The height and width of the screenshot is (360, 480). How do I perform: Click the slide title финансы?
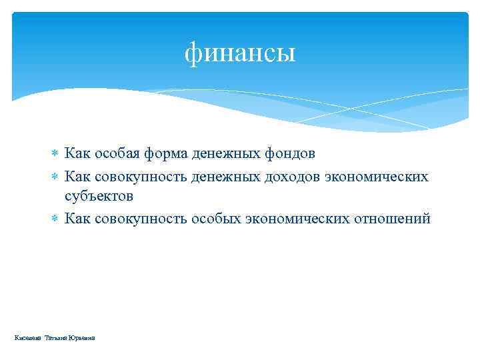tap(240, 52)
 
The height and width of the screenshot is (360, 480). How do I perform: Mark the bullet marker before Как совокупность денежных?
tap(55, 175)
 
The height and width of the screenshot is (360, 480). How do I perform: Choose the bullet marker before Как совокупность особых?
tap(55, 219)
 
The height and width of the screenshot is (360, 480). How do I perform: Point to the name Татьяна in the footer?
tap(57, 339)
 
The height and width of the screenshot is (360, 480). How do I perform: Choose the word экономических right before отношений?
tap(303, 218)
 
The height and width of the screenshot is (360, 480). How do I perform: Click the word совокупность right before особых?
tap(141, 218)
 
